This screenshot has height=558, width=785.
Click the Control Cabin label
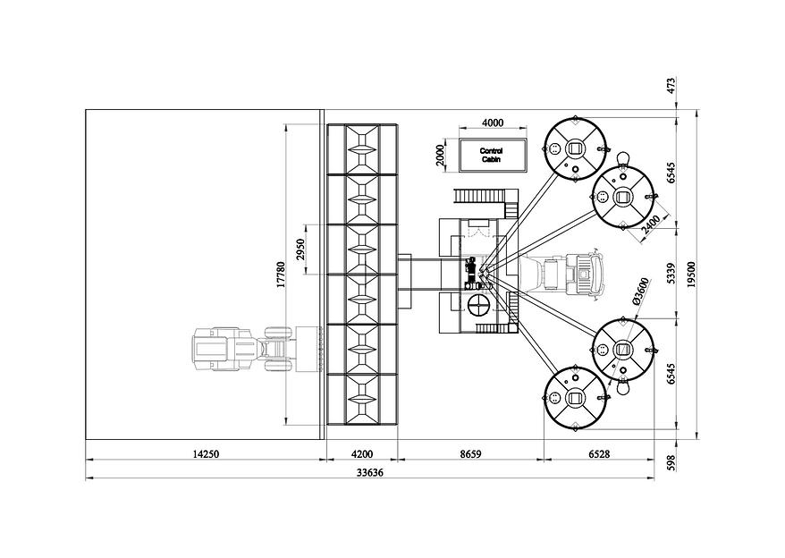pos(491,155)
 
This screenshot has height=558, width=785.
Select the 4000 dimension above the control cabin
pos(493,123)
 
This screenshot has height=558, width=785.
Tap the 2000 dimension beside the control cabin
pos(440,155)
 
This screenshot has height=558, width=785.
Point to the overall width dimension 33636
pos(370,472)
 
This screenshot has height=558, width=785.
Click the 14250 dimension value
pos(206,454)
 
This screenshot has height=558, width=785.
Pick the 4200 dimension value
pos(362,454)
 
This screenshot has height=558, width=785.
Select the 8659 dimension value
pos(470,454)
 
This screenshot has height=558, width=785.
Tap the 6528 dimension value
pos(599,454)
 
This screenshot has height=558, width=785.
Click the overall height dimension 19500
pos(691,275)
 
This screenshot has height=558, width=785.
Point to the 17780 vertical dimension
pos(281,274)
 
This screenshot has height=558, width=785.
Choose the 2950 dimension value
pos(300,249)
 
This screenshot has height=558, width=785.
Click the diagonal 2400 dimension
pos(651,225)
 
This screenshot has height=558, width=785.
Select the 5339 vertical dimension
pos(671,274)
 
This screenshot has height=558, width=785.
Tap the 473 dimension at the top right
pos(671,85)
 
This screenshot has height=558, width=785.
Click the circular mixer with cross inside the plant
pos(479,306)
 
